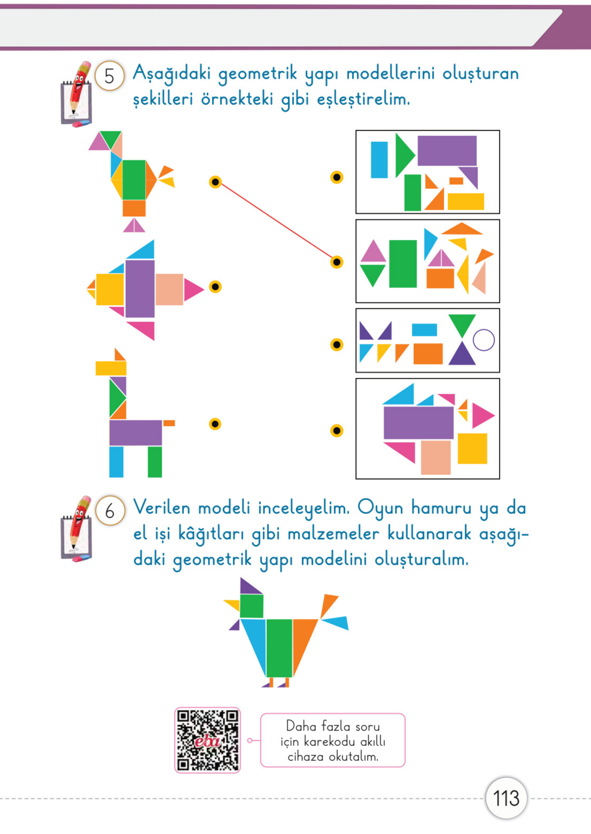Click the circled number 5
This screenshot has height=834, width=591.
point(109,76)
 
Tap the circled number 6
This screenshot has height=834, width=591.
point(110,511)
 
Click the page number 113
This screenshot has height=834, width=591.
point(506,798)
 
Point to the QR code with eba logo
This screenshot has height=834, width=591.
point(207,740)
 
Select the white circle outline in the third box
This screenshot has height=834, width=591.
point(484,340)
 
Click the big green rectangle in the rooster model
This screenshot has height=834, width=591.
point(134,180)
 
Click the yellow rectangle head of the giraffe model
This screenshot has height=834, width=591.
point(111,368)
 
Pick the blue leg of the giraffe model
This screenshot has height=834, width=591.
point(116,462)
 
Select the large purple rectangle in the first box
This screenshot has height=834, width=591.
point(447,151)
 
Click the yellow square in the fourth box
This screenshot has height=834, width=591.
point(472,448)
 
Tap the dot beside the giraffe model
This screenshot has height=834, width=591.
point(215,424)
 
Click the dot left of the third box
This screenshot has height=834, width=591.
point(337,345)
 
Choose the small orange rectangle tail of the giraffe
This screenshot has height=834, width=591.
point(169,423)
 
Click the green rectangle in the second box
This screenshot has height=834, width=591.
point(403,263)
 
